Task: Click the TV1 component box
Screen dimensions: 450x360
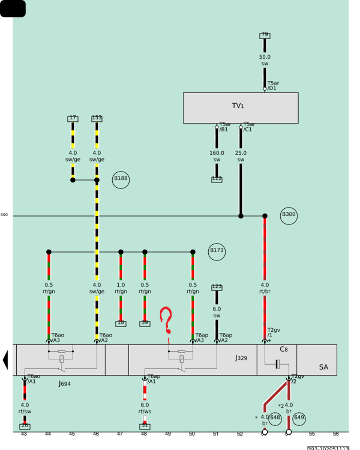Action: (241, 108)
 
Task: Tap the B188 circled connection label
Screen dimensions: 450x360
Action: (121, 179)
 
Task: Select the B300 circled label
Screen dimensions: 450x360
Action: (289, 215)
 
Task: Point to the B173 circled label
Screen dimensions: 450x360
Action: (217, 253)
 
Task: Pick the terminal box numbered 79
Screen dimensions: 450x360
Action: (265, 35)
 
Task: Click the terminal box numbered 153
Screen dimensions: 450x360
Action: (97, 118)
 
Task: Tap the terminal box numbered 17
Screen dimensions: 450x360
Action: (73, 118)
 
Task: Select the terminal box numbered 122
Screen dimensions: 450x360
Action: (217, 179)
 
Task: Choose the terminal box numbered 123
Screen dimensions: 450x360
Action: (217, 287)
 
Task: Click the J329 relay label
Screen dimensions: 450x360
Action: (241, 358)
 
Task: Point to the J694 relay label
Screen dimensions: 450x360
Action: (64, 382)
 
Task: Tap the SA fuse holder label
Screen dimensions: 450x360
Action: (323, 367)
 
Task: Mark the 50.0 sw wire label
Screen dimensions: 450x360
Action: (265, 60)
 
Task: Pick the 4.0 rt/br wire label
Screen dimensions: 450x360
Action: (265, 289)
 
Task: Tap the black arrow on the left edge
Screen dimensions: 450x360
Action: (6, 360)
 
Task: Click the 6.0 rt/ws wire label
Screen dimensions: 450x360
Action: (145, 408)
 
